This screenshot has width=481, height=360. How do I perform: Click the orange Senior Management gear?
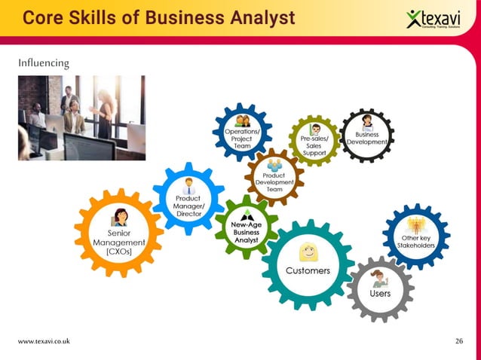click(118, 232)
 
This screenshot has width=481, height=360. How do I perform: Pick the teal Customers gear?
click(307, 264)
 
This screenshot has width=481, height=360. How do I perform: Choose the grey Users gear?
click(380, 285)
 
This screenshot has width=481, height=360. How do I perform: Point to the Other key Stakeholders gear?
click(416, 236)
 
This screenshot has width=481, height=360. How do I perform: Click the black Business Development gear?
click(367, 134)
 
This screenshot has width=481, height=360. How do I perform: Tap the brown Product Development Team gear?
click(274, 177)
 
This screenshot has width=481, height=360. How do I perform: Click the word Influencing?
click(43, 63)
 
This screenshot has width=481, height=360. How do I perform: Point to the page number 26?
click(459, 341)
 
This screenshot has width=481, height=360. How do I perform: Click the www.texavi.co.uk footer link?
click(44, 341)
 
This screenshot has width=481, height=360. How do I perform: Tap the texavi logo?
click(437, 18)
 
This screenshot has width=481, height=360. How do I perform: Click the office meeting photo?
click(81, 117)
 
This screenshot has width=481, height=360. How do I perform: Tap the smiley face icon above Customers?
click(307, 252)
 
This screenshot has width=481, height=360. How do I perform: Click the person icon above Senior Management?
click(119, 218)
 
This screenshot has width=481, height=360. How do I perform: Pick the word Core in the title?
click(43, 17)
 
